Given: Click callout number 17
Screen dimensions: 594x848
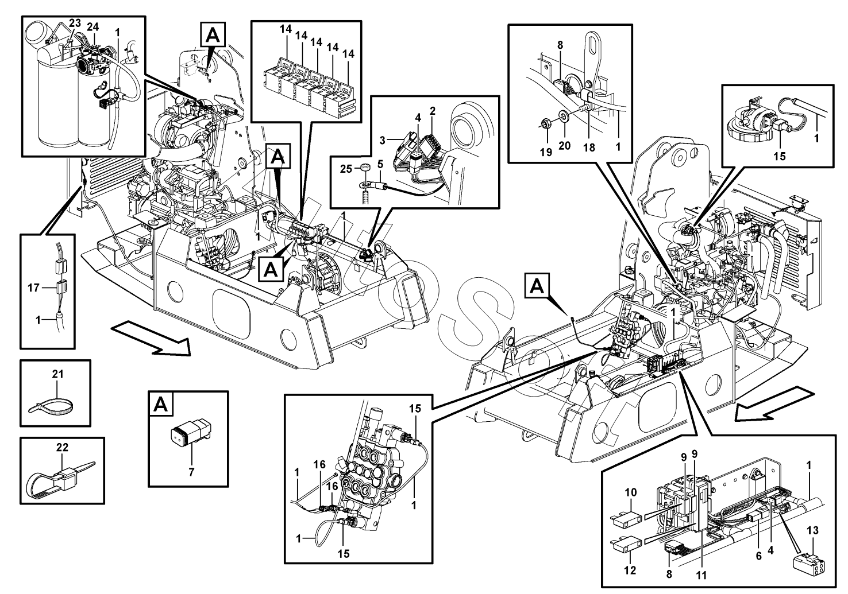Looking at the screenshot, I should pyautogui.click(x=33, y=288).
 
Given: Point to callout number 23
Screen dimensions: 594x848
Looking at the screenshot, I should pyautogui.click(x=75, y=24).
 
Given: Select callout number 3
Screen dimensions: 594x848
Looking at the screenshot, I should pyautogui.click(x=382, y=139).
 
